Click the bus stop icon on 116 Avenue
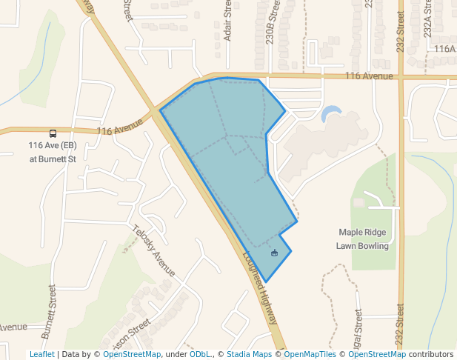pos(53,133)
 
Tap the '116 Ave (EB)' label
pos(53,146)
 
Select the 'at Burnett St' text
pos(53,159)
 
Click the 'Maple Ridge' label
pos(363,232)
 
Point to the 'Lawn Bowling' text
pos(363,245)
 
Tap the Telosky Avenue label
pos(153,251)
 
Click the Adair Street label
pos(227,21)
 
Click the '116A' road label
pos(444,49)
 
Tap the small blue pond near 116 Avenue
pos(330,113)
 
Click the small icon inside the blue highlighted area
pos(274,253)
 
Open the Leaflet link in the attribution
pos(41,354)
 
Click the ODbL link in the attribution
pos(200,354)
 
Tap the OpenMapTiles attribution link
pos(310,354)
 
